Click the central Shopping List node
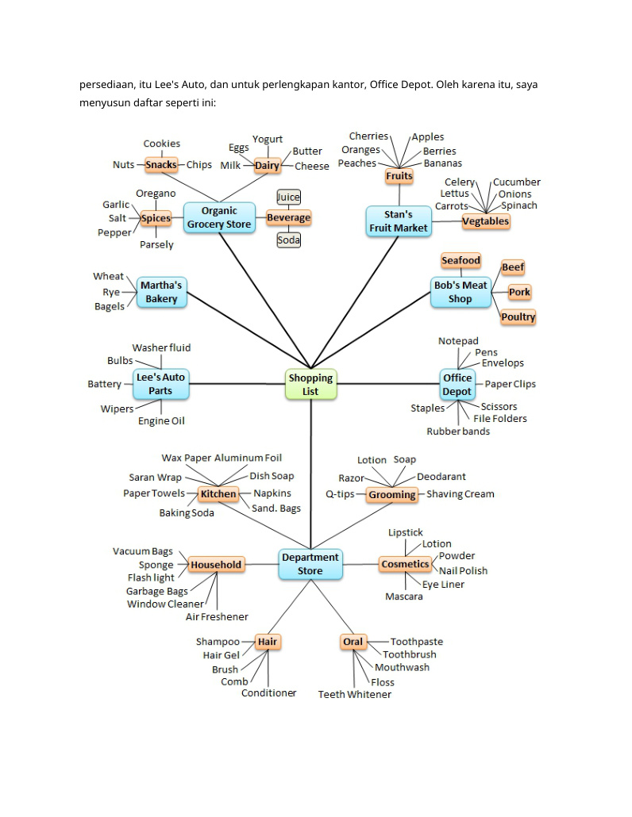310,385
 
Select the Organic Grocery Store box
219,218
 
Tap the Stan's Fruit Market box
399,221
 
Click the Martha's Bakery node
162,293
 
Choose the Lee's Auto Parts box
160,384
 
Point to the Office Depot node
457,385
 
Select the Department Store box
310,564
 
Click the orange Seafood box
461,260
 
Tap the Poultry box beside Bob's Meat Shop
518,316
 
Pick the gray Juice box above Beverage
288,197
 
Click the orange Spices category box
156,218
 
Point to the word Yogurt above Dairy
268,139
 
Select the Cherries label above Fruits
368,136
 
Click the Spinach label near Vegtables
519,205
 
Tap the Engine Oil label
161,421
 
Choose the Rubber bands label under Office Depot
458,432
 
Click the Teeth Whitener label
355,695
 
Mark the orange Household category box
216,565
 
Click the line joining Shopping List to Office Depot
388,384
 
